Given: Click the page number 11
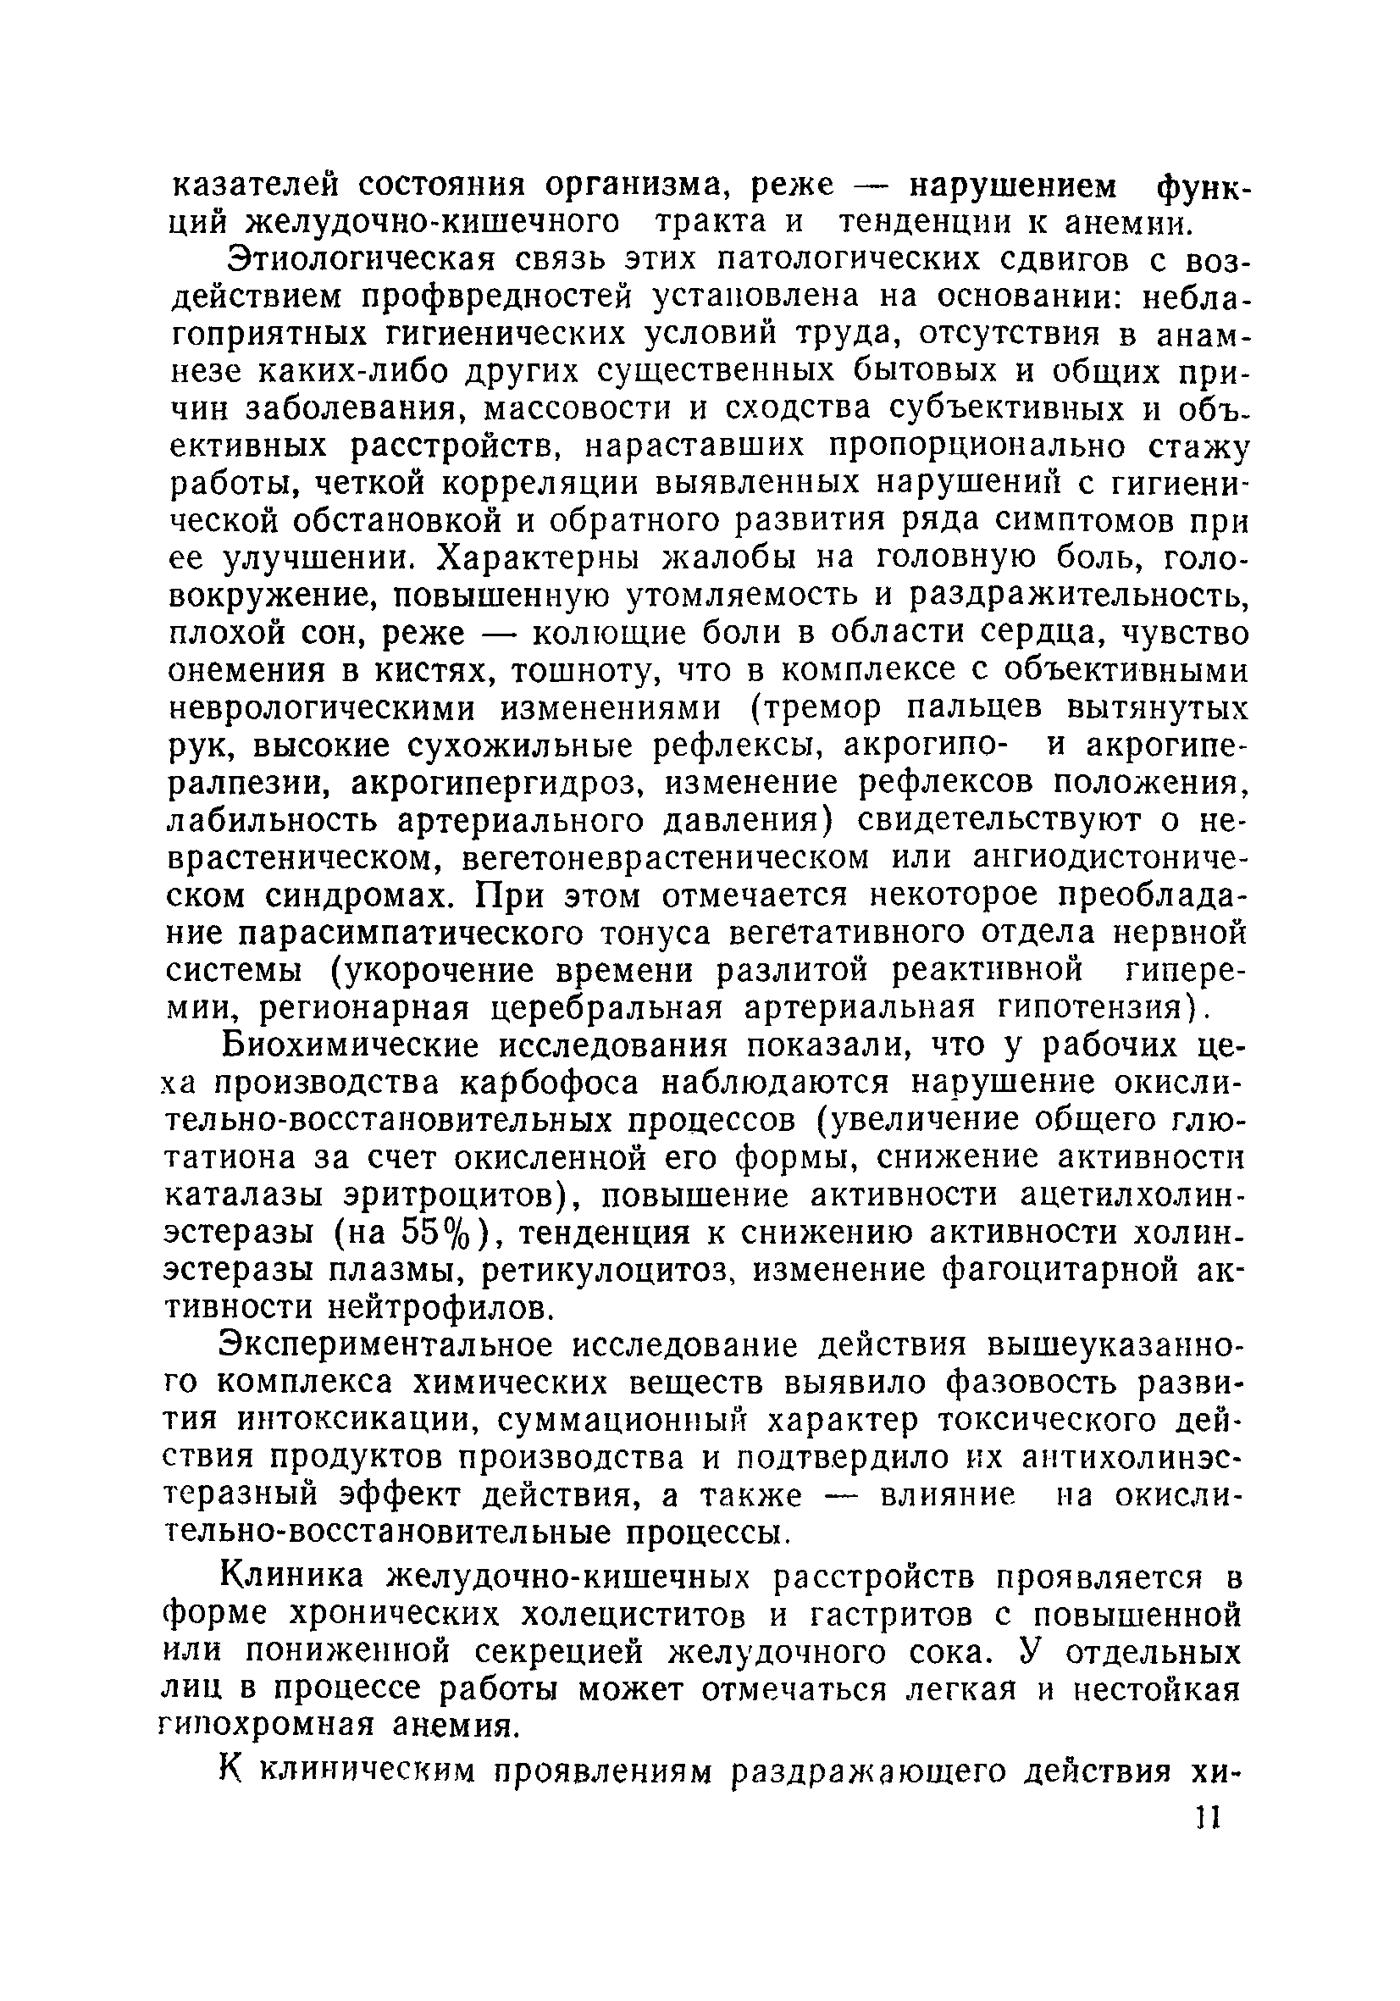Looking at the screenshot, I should coord(1209,1820).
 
